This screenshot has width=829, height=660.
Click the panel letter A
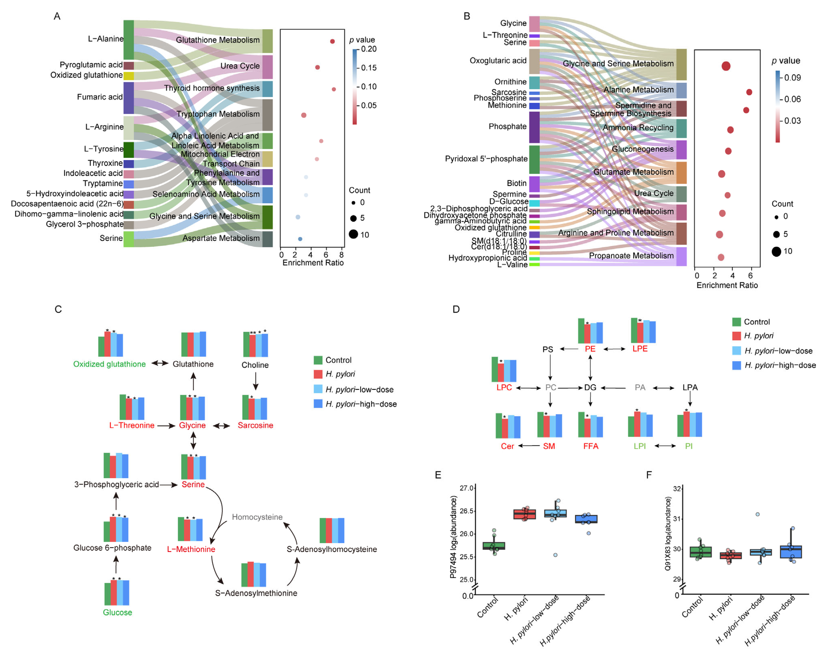click(x=57, y=16)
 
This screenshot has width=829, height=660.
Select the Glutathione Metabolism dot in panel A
click(x=332, y=41)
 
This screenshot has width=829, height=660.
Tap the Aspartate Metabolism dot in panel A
click(x=300, y=239)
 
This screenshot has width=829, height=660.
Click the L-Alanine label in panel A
click(x=105, y=39)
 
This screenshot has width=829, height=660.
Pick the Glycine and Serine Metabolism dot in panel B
click(x=725, y=66)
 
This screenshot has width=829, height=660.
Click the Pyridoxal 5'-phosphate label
click(x=486, y=159)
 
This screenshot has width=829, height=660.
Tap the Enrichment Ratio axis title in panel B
click(x=727, y=285)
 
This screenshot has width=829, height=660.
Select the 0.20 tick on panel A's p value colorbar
click(x=368, y=49)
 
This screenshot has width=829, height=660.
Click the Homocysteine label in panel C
click(x=257, y=517)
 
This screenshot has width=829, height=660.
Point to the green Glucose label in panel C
click(x=117, y=612)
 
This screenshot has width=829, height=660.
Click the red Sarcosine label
click(x=255, y=425)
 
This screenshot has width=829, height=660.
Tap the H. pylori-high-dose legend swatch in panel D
click(x=736, y=365)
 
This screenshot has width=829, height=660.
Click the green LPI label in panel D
click(x=640, y=446)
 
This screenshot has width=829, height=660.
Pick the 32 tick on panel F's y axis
click(x=677, y=489)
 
